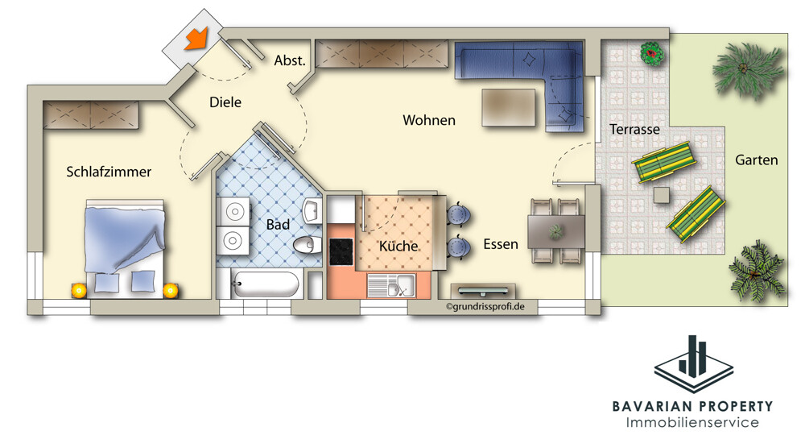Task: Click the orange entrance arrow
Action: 196,39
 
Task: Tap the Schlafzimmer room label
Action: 109,172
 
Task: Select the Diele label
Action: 225,102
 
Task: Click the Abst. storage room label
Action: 290,60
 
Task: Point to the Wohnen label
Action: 429,120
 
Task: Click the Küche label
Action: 398,246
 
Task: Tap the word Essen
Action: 501,244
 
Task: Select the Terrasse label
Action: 634,129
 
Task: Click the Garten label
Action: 756,160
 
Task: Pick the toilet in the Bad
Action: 307,245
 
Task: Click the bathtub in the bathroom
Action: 265,284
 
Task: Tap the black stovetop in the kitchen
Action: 341,251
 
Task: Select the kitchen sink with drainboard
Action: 391,286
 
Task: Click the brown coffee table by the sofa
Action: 508,107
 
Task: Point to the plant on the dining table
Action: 555,232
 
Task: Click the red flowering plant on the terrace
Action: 652,53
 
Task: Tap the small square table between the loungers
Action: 662,195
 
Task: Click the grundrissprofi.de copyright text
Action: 485,307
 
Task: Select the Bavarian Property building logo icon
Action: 694,363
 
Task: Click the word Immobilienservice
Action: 692,422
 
